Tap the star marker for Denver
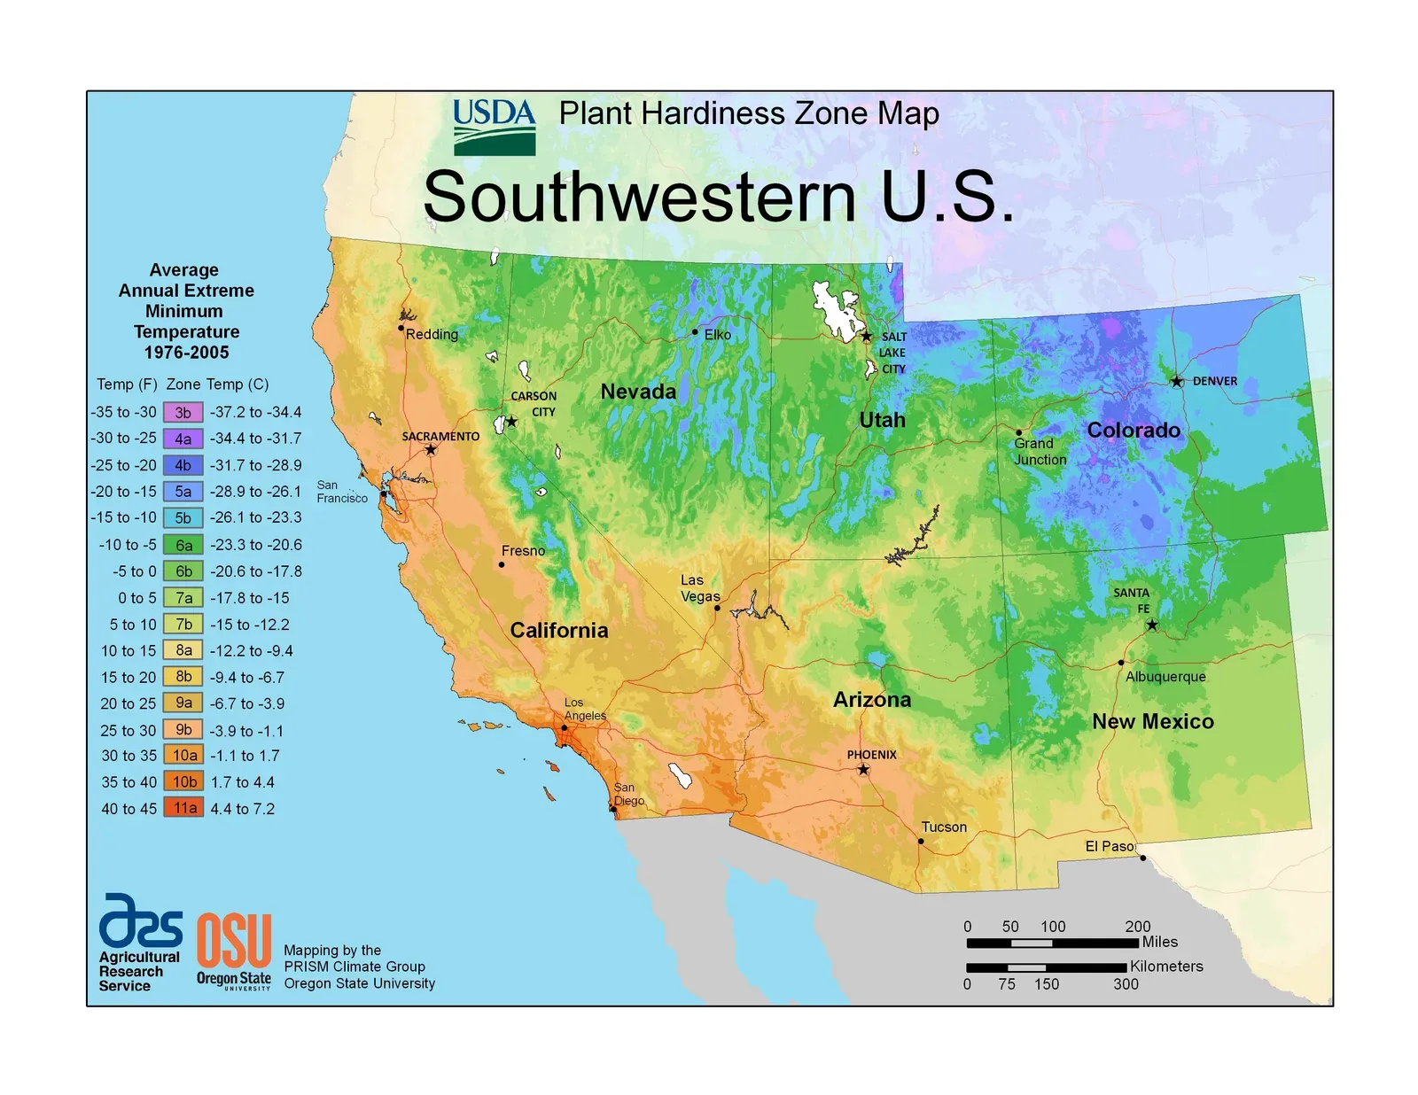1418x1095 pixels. (x=1176, y=382)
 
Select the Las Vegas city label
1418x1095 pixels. (x=699, y=588)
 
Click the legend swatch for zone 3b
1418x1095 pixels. (x=183, y=412)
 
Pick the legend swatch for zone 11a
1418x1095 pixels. (x=183, y=808)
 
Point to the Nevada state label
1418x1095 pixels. (x=638, y=392)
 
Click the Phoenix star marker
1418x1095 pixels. (x=863, y=770)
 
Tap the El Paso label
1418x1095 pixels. (x=1109, y=846)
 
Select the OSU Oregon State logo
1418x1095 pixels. (x=234, y=950)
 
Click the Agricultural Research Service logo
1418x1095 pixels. (x=140, y=942)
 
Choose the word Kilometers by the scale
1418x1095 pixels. (x=1166, y=967)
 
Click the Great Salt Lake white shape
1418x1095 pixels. (x=834, y=310)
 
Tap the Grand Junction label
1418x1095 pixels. (x=1040, y=451)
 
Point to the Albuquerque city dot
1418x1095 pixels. (x=1121, y=662)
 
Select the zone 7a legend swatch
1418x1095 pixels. (x=183, y=598)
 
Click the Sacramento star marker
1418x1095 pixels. (x=431, y=450)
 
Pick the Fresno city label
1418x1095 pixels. (x=523, y=551)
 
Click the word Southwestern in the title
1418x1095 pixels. (x=639, y=197)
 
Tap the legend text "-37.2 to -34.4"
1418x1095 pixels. (x=255, y=412)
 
